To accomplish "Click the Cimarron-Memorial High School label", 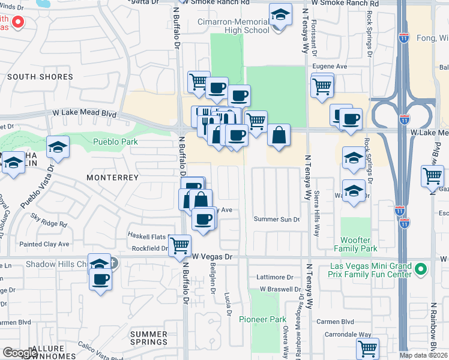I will [x=234, y=26].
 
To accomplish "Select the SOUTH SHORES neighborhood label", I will [x=40, y=77].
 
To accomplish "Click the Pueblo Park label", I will [x=116, y=142].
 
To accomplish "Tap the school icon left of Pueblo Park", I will [x=58, y=147].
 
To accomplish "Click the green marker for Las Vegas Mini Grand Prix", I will [x=421, y=269].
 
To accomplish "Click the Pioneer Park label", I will [x=262, y=319].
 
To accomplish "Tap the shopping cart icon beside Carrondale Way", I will [x=367, y=348].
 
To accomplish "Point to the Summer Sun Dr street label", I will [x=276, y=219].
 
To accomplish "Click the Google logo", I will [x=20, y=353].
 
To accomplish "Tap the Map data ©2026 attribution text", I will [x=423, y=355].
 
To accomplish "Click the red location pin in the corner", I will [x=17, y=23].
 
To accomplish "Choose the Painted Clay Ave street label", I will [x=44, y=244].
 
